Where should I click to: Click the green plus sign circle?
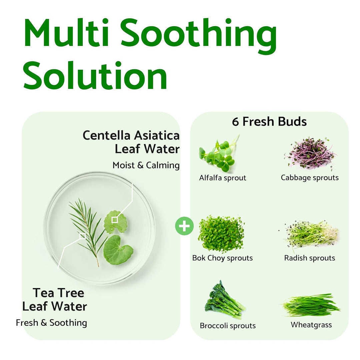coord(184,226)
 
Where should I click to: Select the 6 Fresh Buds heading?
coord(269,122)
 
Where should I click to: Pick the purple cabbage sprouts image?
coord(310,154)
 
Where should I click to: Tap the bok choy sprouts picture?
coord(221,233)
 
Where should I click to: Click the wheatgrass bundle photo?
coord(311,305)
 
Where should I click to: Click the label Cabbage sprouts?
coord(310,178)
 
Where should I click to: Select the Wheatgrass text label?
coord(311,325)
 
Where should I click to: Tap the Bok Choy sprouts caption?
coord(222,258)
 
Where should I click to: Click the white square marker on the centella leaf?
coord(114,220)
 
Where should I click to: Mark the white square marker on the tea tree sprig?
coord(82,236)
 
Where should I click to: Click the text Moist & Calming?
coord(146,165)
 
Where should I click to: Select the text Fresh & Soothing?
coord(51,323)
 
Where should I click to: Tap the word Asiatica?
coord(157,135)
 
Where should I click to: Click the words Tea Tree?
coord(58,293)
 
